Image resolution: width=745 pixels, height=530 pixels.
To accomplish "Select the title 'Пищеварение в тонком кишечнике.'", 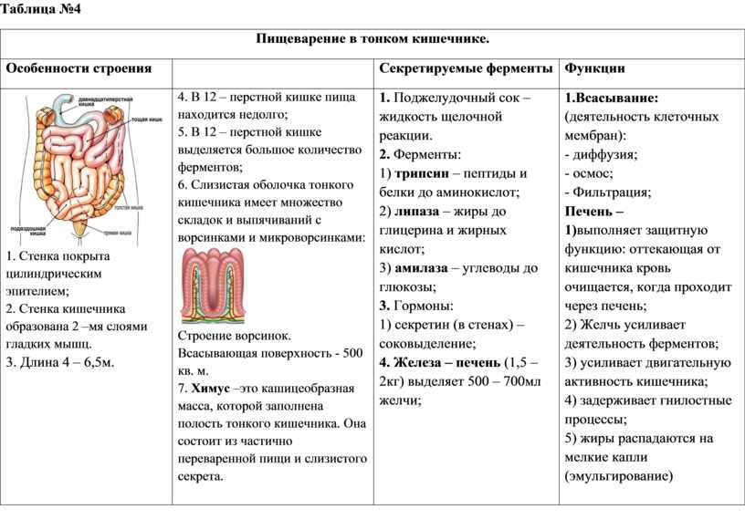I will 372,39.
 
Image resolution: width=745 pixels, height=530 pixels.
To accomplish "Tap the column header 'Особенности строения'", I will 79,68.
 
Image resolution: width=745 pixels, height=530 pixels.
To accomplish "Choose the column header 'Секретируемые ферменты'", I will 465,68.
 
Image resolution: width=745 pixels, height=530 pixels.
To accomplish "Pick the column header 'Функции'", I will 594,68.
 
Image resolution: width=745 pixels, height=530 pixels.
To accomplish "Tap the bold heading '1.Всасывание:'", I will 613,98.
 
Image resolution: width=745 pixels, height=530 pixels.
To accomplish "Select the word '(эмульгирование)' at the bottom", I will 618,475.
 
